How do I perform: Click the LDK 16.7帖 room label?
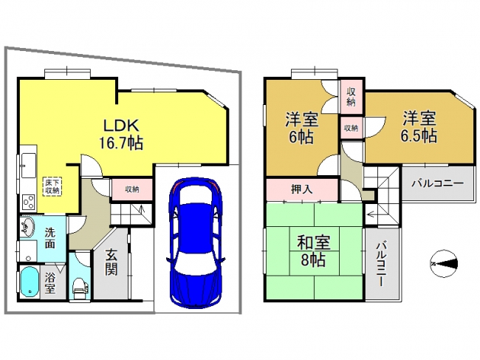click(121, 134)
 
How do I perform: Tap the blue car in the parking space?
click(196, 242)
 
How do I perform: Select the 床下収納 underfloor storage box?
click(52, 186)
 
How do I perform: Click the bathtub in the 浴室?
click(30, 282)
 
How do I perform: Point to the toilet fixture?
click(80, 288)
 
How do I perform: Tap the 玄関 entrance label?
click(111, 262)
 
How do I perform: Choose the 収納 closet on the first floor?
click(131, 189)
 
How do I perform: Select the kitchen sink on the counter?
click(28, 166)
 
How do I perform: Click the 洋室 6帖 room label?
click(301, 129)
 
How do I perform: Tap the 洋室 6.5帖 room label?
click(419, 127)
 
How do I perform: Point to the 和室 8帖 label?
click(313, 251)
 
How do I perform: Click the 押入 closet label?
click(301, 189)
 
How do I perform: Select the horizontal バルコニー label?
click(437, 184)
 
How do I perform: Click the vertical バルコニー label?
click(381, 264)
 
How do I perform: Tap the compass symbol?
click(444, 264)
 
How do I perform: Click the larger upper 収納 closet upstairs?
click(351, 97)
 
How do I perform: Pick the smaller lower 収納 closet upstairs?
click(351, 128)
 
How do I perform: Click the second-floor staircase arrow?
click(373, 214)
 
